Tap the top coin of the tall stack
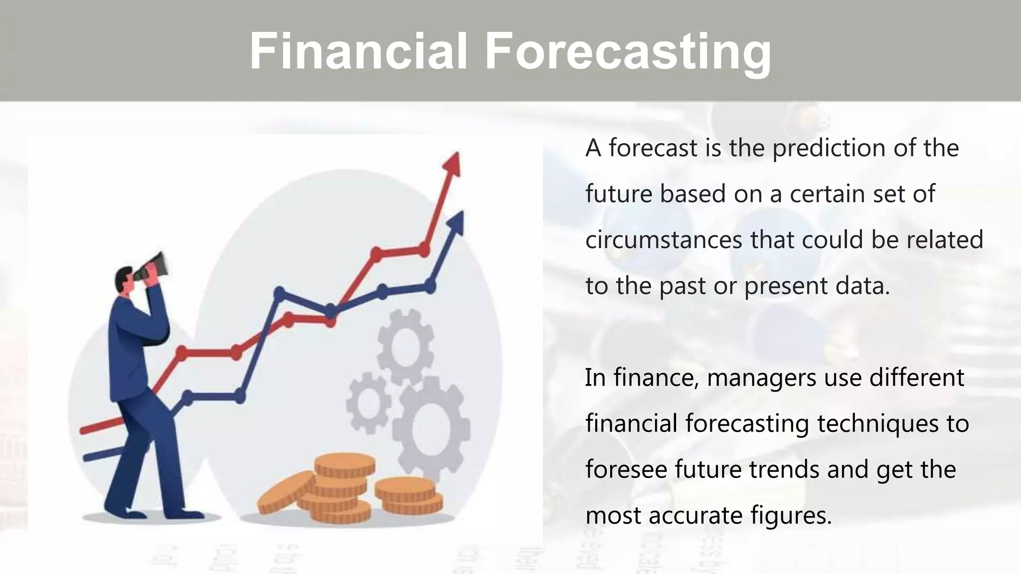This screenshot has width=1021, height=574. tap(344, 464)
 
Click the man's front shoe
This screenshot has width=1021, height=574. tap(186, 514)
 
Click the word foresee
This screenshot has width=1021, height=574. tap(626, 469)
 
